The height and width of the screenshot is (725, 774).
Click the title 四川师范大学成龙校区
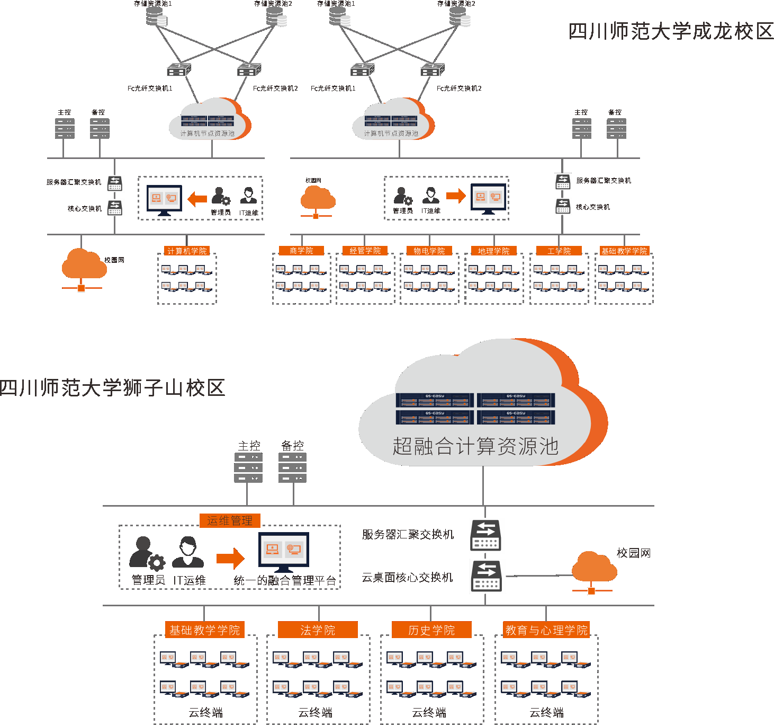(x=671, y=32)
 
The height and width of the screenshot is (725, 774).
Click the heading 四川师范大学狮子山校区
(x=112, y=388)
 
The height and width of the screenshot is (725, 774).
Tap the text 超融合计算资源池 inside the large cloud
(x=475, y=446)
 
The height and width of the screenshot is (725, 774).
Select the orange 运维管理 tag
(x=230, y=520)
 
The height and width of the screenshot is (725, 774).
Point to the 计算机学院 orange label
(x=187, y=251)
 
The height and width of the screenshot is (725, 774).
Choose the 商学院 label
(x=301, y=251)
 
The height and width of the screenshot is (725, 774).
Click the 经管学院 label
(x=365, y=251)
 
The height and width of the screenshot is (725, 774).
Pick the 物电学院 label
(x=429, y=251)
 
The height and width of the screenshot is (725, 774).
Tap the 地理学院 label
(x=493, y=251)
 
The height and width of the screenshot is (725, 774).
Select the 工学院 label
(x=559, y=251)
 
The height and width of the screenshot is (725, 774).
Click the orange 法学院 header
(x=318, y=630)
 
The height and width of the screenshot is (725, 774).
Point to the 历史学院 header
(x=431, y=630)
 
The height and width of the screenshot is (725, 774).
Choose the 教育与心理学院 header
(x=546, y=630)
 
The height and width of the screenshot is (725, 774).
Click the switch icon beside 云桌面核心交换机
(x=486, y=576)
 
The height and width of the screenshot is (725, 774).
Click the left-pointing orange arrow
(x=197, y=199)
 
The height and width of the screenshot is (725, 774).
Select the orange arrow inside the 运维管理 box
(x=230, y=558)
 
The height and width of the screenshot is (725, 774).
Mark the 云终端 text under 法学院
(x=316, y=712)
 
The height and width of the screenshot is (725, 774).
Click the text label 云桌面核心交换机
(x=407, y=577)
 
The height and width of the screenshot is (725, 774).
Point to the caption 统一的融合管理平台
(x=285, y=580)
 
